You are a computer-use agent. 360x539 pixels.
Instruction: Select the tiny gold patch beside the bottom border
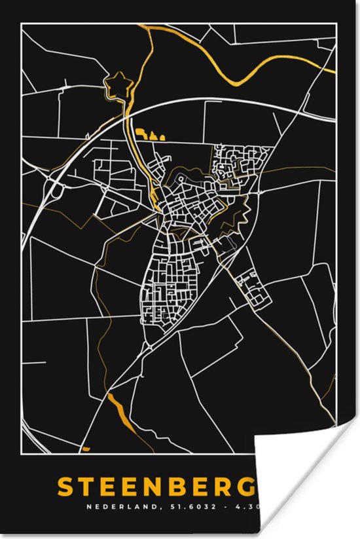[x=85, y=449]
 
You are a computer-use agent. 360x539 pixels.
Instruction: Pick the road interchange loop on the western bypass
[x=58, y=189]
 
